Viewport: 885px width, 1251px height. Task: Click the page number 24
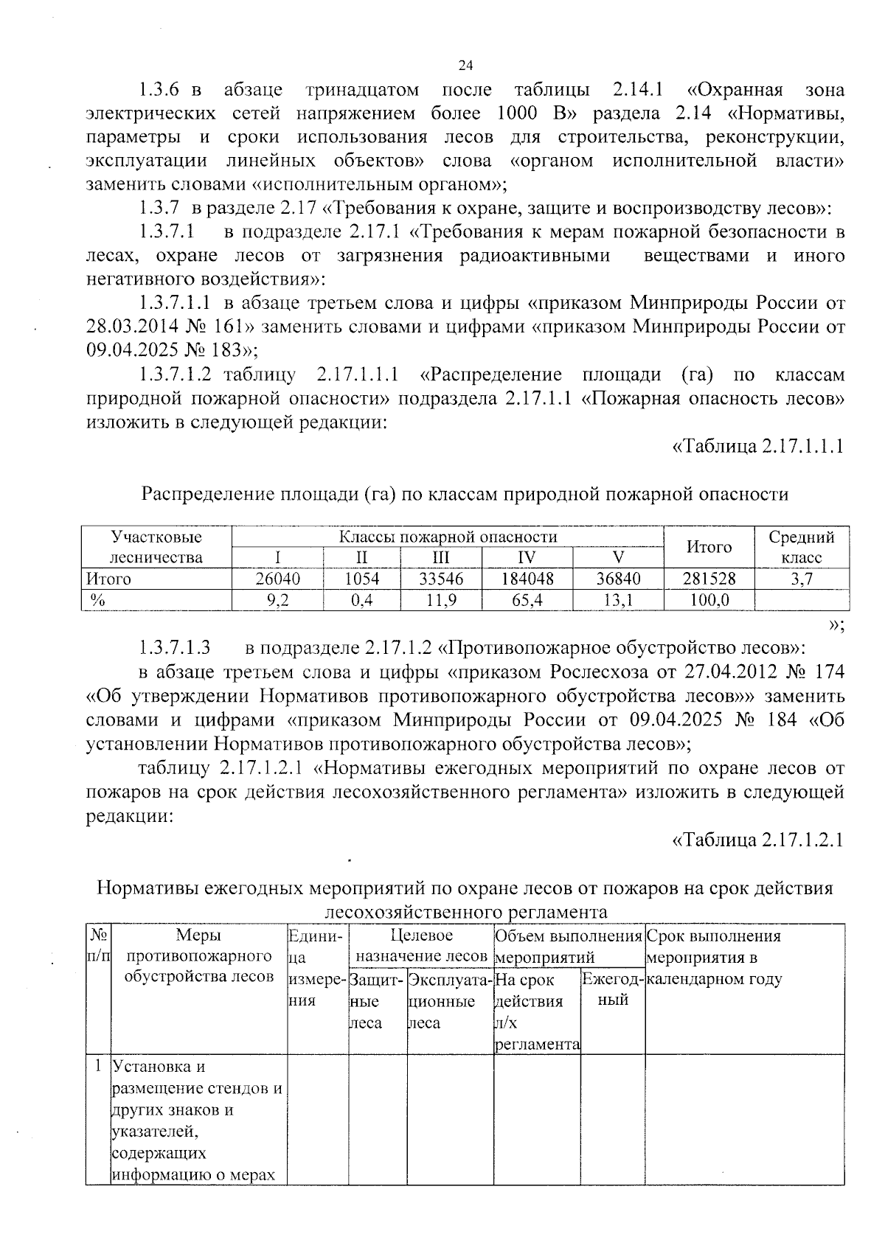465,66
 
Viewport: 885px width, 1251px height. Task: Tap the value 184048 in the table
527,579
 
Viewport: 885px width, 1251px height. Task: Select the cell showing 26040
277,579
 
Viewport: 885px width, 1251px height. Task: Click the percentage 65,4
527,600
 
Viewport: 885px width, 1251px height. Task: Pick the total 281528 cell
709,579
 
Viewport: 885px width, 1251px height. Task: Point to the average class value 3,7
801,579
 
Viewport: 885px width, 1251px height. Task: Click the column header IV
527,557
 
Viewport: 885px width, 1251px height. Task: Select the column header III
440,557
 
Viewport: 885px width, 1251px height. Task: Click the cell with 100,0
709,600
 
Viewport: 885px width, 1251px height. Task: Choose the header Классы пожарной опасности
448,537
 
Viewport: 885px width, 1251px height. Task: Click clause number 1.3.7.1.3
174,648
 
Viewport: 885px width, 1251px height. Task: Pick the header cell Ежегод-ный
612,989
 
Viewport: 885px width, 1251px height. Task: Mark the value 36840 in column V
618,579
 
